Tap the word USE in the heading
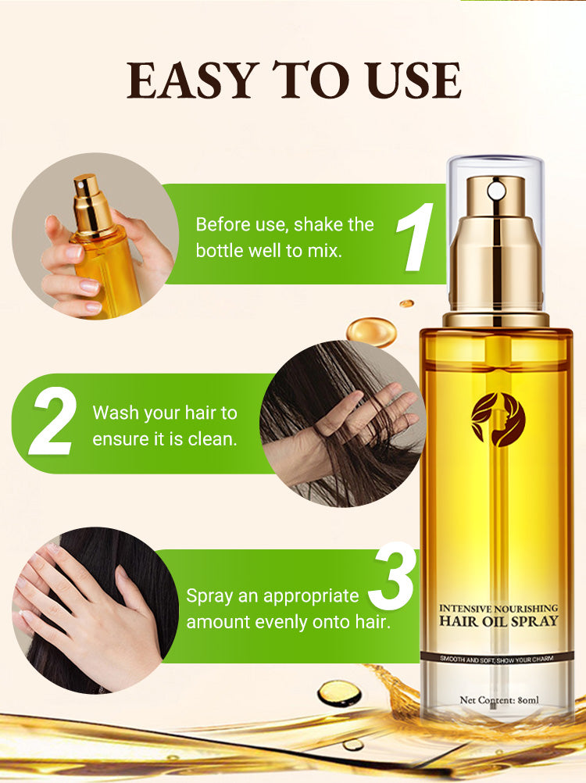click(412, 80)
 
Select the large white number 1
click(415, 238)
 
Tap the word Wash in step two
click(116, 413)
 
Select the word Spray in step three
click(209, 597)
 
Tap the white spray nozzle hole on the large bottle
click(496, 190)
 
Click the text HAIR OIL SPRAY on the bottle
click(498, 621)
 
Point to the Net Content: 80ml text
click(499, 700)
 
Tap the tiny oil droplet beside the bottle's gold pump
click(407, 303)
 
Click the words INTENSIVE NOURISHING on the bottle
click(498, 608)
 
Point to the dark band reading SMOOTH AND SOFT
click(497, 659)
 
